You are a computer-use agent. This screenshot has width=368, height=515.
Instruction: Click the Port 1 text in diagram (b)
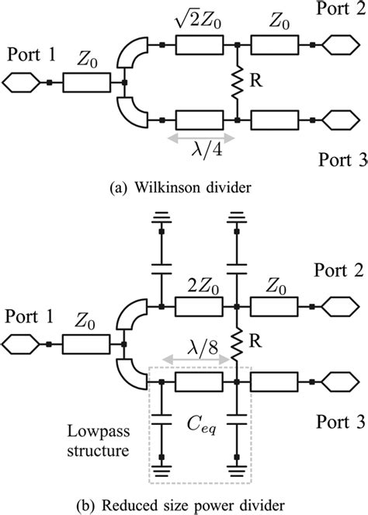(31, 318)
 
